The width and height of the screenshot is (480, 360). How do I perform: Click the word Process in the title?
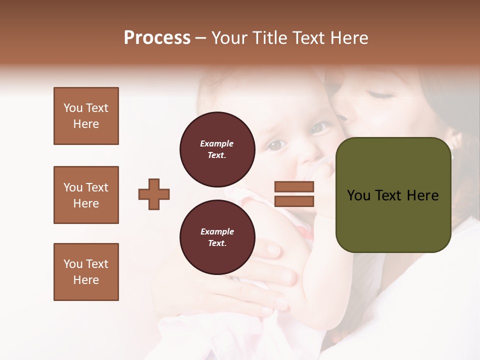(157, 38)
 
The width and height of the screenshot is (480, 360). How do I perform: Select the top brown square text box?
(86, 116)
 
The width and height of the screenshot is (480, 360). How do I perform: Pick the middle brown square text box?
(86, 195)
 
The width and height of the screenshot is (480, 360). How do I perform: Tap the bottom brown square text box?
(86, 272)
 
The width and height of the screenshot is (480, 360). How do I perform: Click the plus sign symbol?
(154, 194)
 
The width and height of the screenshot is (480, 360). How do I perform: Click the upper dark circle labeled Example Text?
(217, 149)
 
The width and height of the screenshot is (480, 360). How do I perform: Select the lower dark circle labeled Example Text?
(217, 237)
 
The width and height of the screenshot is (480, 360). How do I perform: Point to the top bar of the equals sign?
(294, 187)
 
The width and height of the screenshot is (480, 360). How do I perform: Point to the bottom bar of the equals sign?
(294, 201)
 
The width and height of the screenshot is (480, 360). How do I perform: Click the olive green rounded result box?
(393, 195)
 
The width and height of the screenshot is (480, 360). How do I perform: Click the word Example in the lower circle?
(217, 231)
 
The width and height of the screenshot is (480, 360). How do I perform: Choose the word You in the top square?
(73, 108)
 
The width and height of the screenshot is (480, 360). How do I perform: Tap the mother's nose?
(342, 116)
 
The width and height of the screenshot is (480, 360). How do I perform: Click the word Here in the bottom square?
(86, 280)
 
